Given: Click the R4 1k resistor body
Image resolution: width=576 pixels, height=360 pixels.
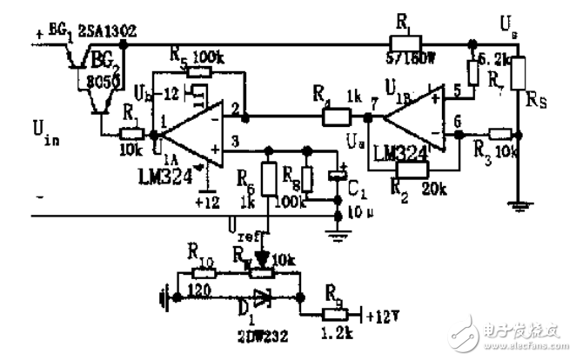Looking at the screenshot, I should click(337, 116).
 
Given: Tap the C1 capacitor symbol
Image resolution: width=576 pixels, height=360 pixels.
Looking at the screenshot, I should click(338, 175).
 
